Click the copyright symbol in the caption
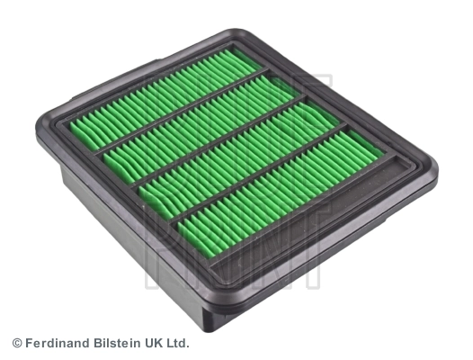pos(16,343)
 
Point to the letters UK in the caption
pos(151,343)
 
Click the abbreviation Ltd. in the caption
pos(177,343)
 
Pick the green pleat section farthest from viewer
pos(171,90)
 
